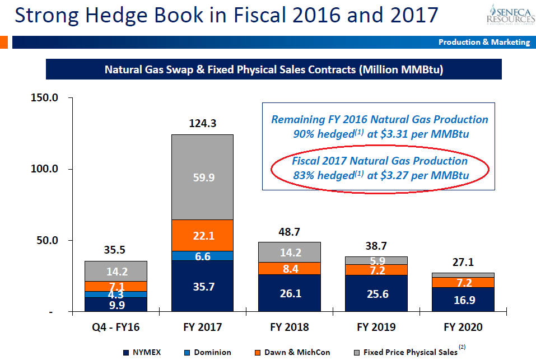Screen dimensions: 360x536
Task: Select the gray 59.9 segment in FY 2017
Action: [x=203, y=177]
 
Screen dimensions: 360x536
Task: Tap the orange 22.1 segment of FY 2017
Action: [x=203, y=236]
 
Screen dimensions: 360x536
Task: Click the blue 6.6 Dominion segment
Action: [x=203, y=256]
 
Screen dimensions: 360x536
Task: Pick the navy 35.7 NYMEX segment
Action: [x=203, y=286]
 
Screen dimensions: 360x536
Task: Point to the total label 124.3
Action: [x=203, y=124]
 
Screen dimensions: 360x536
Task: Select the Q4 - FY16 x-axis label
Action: [x=116, y=327]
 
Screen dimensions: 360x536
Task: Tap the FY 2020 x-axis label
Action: [x=463, y=327]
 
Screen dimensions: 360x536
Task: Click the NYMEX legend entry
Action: [x=143, y=352]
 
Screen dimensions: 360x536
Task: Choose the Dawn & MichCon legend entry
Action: [x=292, y=352]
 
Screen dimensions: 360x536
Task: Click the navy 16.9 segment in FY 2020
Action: [x=463, y=300]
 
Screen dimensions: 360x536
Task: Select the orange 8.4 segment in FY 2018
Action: [x=290, y=268]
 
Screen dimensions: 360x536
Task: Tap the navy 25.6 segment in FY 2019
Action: [x=376, y=293]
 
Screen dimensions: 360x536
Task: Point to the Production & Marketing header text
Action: [x=484, y=42]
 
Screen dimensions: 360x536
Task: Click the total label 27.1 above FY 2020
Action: [x=463, y=262]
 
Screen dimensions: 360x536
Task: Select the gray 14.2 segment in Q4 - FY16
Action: [x=116, y=272]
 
